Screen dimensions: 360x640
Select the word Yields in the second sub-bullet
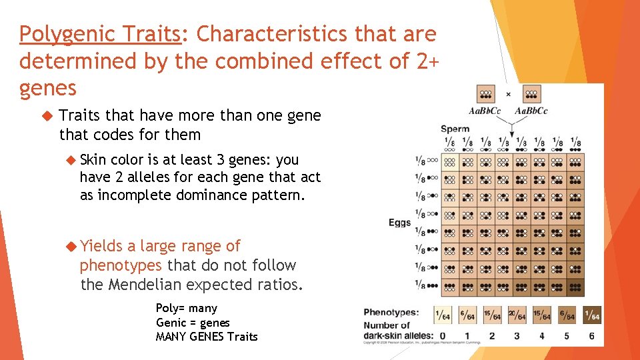tap(101, 246)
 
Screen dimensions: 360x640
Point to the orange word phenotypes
tap(121, 266)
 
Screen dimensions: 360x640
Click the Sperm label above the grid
tap(455, 129)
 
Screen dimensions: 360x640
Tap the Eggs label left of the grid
tap(400, 223)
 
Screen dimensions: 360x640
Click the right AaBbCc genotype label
tap(531, 111)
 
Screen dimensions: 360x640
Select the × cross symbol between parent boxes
tap(508, 95)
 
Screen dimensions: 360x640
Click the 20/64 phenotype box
tap(517, 315)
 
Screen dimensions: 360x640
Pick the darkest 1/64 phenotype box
tap(591, 315)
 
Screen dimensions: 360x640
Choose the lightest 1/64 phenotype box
tap(442, 315)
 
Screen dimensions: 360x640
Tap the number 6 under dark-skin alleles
tap(591, 335)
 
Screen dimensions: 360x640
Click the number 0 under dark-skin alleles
tap(442, 335)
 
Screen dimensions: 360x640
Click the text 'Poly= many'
tap(186, 308)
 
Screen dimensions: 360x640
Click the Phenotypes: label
tap(391, 312)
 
